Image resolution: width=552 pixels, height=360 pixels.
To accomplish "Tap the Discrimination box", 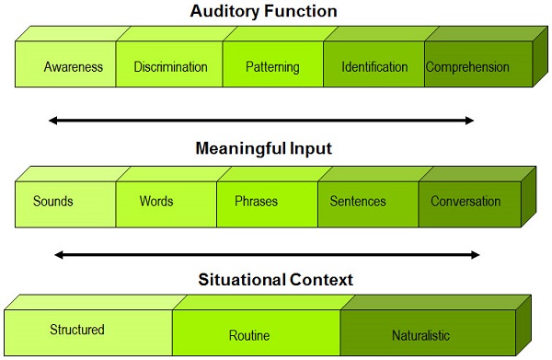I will click(x=170, y=67).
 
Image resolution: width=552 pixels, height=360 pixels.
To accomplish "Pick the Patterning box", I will click(x=273, y=67).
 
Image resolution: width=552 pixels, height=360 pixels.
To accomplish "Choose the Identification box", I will click(x=374, y=67).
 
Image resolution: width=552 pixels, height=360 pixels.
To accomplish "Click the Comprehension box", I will click(x=466, y=67).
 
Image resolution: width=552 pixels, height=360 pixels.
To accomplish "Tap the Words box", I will click(x=156, y=202).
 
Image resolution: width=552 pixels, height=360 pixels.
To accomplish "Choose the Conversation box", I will click(x=466, y=202).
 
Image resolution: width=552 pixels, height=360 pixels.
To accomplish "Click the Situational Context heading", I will click(x=276, y=279).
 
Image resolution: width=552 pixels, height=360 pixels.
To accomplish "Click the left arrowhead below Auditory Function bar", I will click(x=54, y=120).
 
